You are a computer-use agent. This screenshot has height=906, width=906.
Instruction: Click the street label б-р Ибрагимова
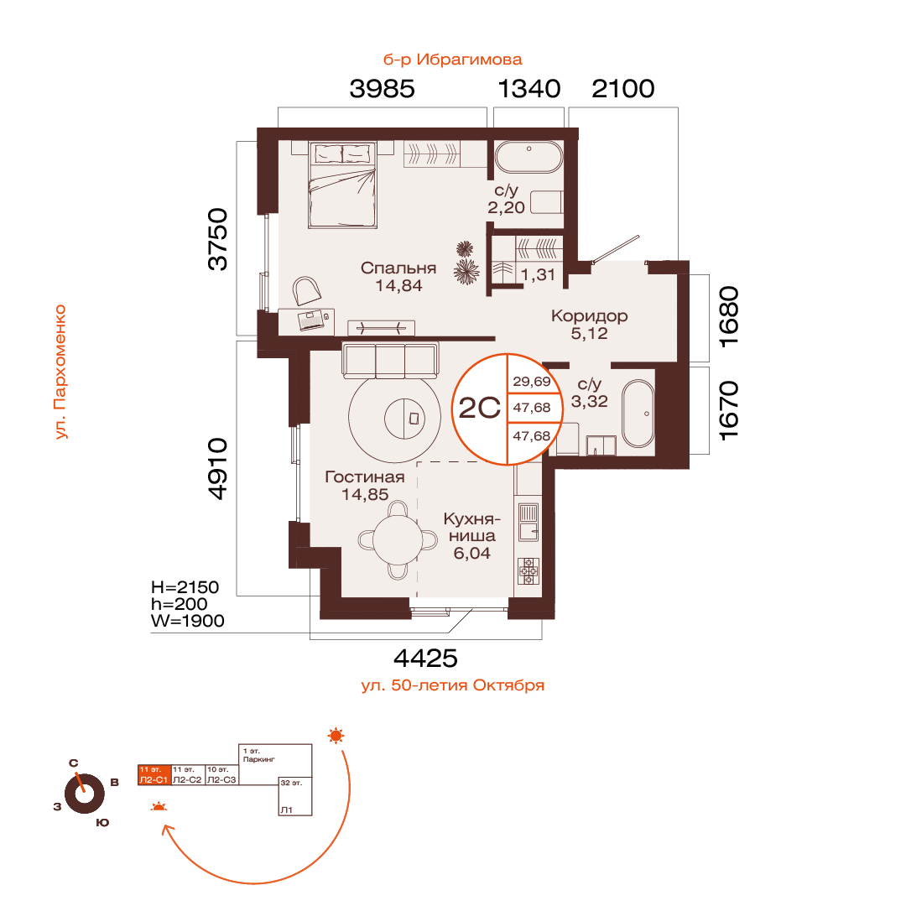(x=452, y=60)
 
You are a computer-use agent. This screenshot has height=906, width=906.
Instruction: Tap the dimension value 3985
(x=382, y=89)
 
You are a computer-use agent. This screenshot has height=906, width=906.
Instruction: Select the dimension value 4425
(x=425, y=659)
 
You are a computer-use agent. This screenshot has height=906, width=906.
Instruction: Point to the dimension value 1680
(x=729, y=316)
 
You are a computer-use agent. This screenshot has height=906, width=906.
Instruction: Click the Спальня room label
(x=398, y=268)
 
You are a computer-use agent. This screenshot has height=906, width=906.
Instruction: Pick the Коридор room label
(x=590, y=315)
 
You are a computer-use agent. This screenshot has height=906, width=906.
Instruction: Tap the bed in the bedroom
(x=342, y=185)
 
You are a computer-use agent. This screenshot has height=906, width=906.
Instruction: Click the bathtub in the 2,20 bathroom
(x=528, y=157)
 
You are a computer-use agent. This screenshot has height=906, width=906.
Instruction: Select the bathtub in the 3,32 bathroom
(x=638, y=413)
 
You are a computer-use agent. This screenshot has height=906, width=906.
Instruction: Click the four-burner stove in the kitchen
(x=528, y=570)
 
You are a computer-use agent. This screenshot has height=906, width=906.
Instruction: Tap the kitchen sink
(x=528, y=522)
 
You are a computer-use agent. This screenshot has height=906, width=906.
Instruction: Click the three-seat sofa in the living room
(x=390, y=360)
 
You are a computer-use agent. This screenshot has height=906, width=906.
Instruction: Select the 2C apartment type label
(x=480, y=408)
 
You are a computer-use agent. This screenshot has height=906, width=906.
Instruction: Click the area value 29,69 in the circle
(x=532, y=382)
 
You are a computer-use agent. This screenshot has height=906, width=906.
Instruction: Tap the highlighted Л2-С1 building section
(x=154, y=775)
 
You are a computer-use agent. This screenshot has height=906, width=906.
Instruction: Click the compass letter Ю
(x=102, y=823)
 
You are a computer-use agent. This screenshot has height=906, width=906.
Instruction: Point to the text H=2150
(x=185, y=587)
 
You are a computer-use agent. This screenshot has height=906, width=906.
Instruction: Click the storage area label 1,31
(x=538, y=275)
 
